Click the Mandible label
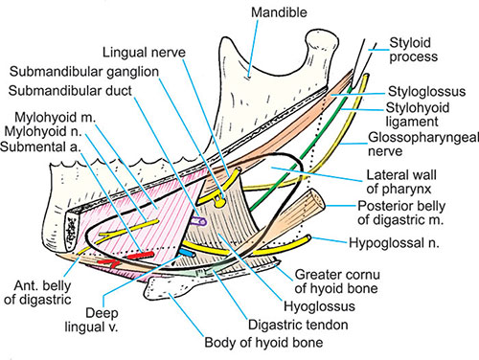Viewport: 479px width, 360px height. coord(279,12)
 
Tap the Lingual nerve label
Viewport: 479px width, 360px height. coord(144,53)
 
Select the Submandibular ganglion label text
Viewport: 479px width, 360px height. coord(84,72)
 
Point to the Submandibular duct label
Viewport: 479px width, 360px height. coord(70,91)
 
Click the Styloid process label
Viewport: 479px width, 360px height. coord(413,50)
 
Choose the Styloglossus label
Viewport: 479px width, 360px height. coord(426,92)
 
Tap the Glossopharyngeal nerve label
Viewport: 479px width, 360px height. coord(423,144)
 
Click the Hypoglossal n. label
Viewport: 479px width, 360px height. coord(394,243)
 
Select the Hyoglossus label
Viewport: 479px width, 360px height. coord(319,306)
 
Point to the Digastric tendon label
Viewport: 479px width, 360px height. coord(298,325)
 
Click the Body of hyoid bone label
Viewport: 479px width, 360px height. coord(263,343)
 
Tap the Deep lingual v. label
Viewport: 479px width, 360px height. coord(92,320)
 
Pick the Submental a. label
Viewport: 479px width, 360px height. coord(40,146)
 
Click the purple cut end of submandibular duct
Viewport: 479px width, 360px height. coord(198,221)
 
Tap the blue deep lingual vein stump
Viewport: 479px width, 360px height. coord(188,253)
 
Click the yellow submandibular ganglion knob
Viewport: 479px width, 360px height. coord(219,202)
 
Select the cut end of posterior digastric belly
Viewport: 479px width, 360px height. coord(316,199)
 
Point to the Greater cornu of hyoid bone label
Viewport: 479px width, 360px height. coord(336,281)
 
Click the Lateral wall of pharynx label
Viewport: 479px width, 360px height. coord(401,182)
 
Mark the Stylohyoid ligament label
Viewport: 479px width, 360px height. coord(417,114)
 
